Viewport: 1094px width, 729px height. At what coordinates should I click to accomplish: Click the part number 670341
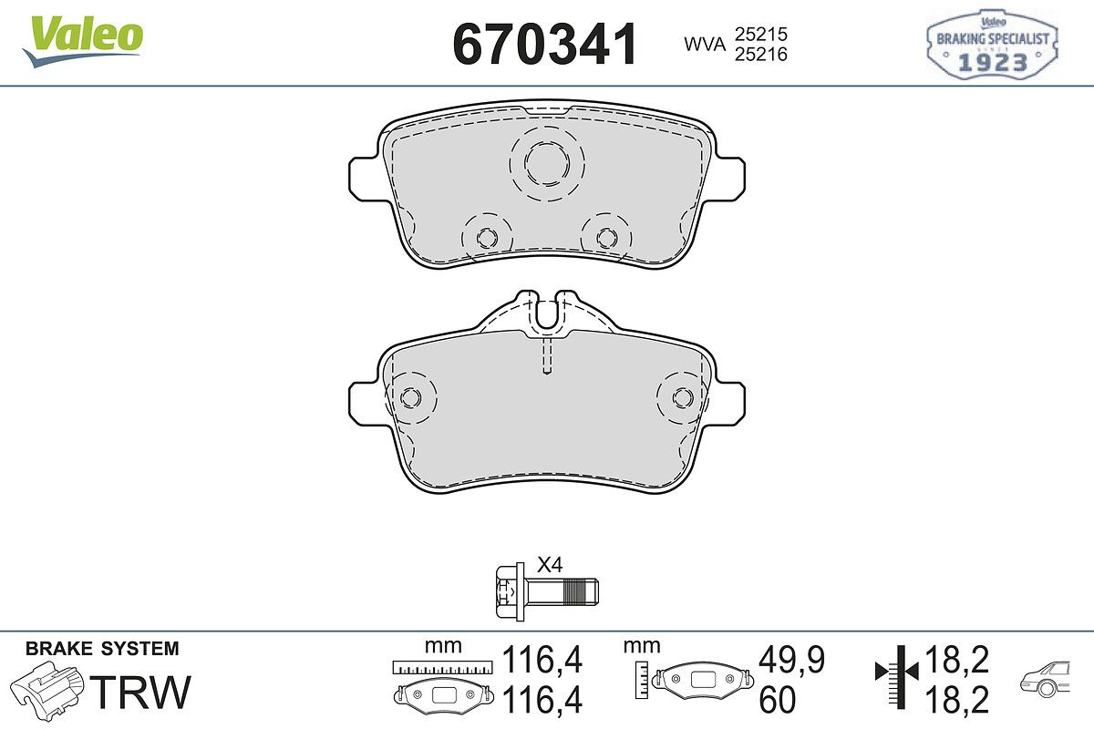545,45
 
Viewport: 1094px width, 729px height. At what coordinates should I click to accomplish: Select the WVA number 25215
761,35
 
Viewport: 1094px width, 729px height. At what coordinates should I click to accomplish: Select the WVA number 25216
761,54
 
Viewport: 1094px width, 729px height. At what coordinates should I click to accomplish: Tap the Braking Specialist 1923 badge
993,44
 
